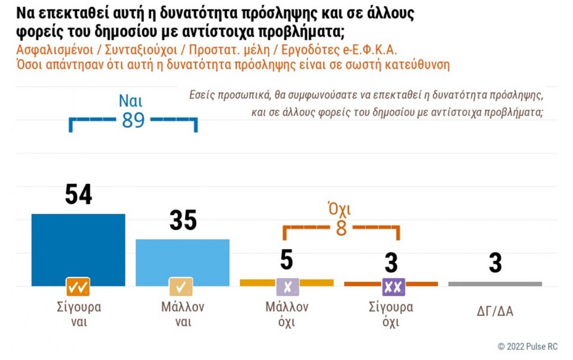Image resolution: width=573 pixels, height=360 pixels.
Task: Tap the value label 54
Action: pyautogui.click(x=78, y=195)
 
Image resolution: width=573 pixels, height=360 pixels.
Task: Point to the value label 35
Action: pyautogui.click(x=183, y=220)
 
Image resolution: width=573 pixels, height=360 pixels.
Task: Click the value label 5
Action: pyautogui.click(x=286, y=260)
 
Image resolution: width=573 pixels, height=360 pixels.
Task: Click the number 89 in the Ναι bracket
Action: pyautogui.click(x=133, y=121)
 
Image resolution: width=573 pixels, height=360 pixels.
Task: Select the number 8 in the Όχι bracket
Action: pyautogui.click(x=341, y=229)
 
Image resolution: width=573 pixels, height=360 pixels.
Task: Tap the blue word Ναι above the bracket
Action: pyautogui.click(x=131, y=100)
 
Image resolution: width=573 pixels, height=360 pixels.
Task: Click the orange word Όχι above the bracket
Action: pyautogui.click(x=339, y=210)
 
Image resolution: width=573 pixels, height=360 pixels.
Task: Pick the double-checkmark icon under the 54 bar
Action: pyautogui.click(x=78, y=287)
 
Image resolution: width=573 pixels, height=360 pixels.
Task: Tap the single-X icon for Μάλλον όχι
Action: pyautogui.click(x=287, y=287)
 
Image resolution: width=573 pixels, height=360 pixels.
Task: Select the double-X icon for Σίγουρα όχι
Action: pyautogui.click(x=391, y=287)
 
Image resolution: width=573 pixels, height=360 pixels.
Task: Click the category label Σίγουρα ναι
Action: pyautogui.click(x=78, y=315)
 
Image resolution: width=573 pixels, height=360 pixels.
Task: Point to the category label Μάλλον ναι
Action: pyautogui.click(x=183, y=315)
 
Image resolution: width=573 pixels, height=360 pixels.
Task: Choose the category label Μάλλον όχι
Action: pyautogui.click(x=286, y=315)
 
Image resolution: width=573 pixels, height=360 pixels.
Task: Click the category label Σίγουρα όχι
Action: pyautogui.click(x=391, y=315)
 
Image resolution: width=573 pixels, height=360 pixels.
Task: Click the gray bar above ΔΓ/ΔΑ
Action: pyautogui.click(x=495, y=284)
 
